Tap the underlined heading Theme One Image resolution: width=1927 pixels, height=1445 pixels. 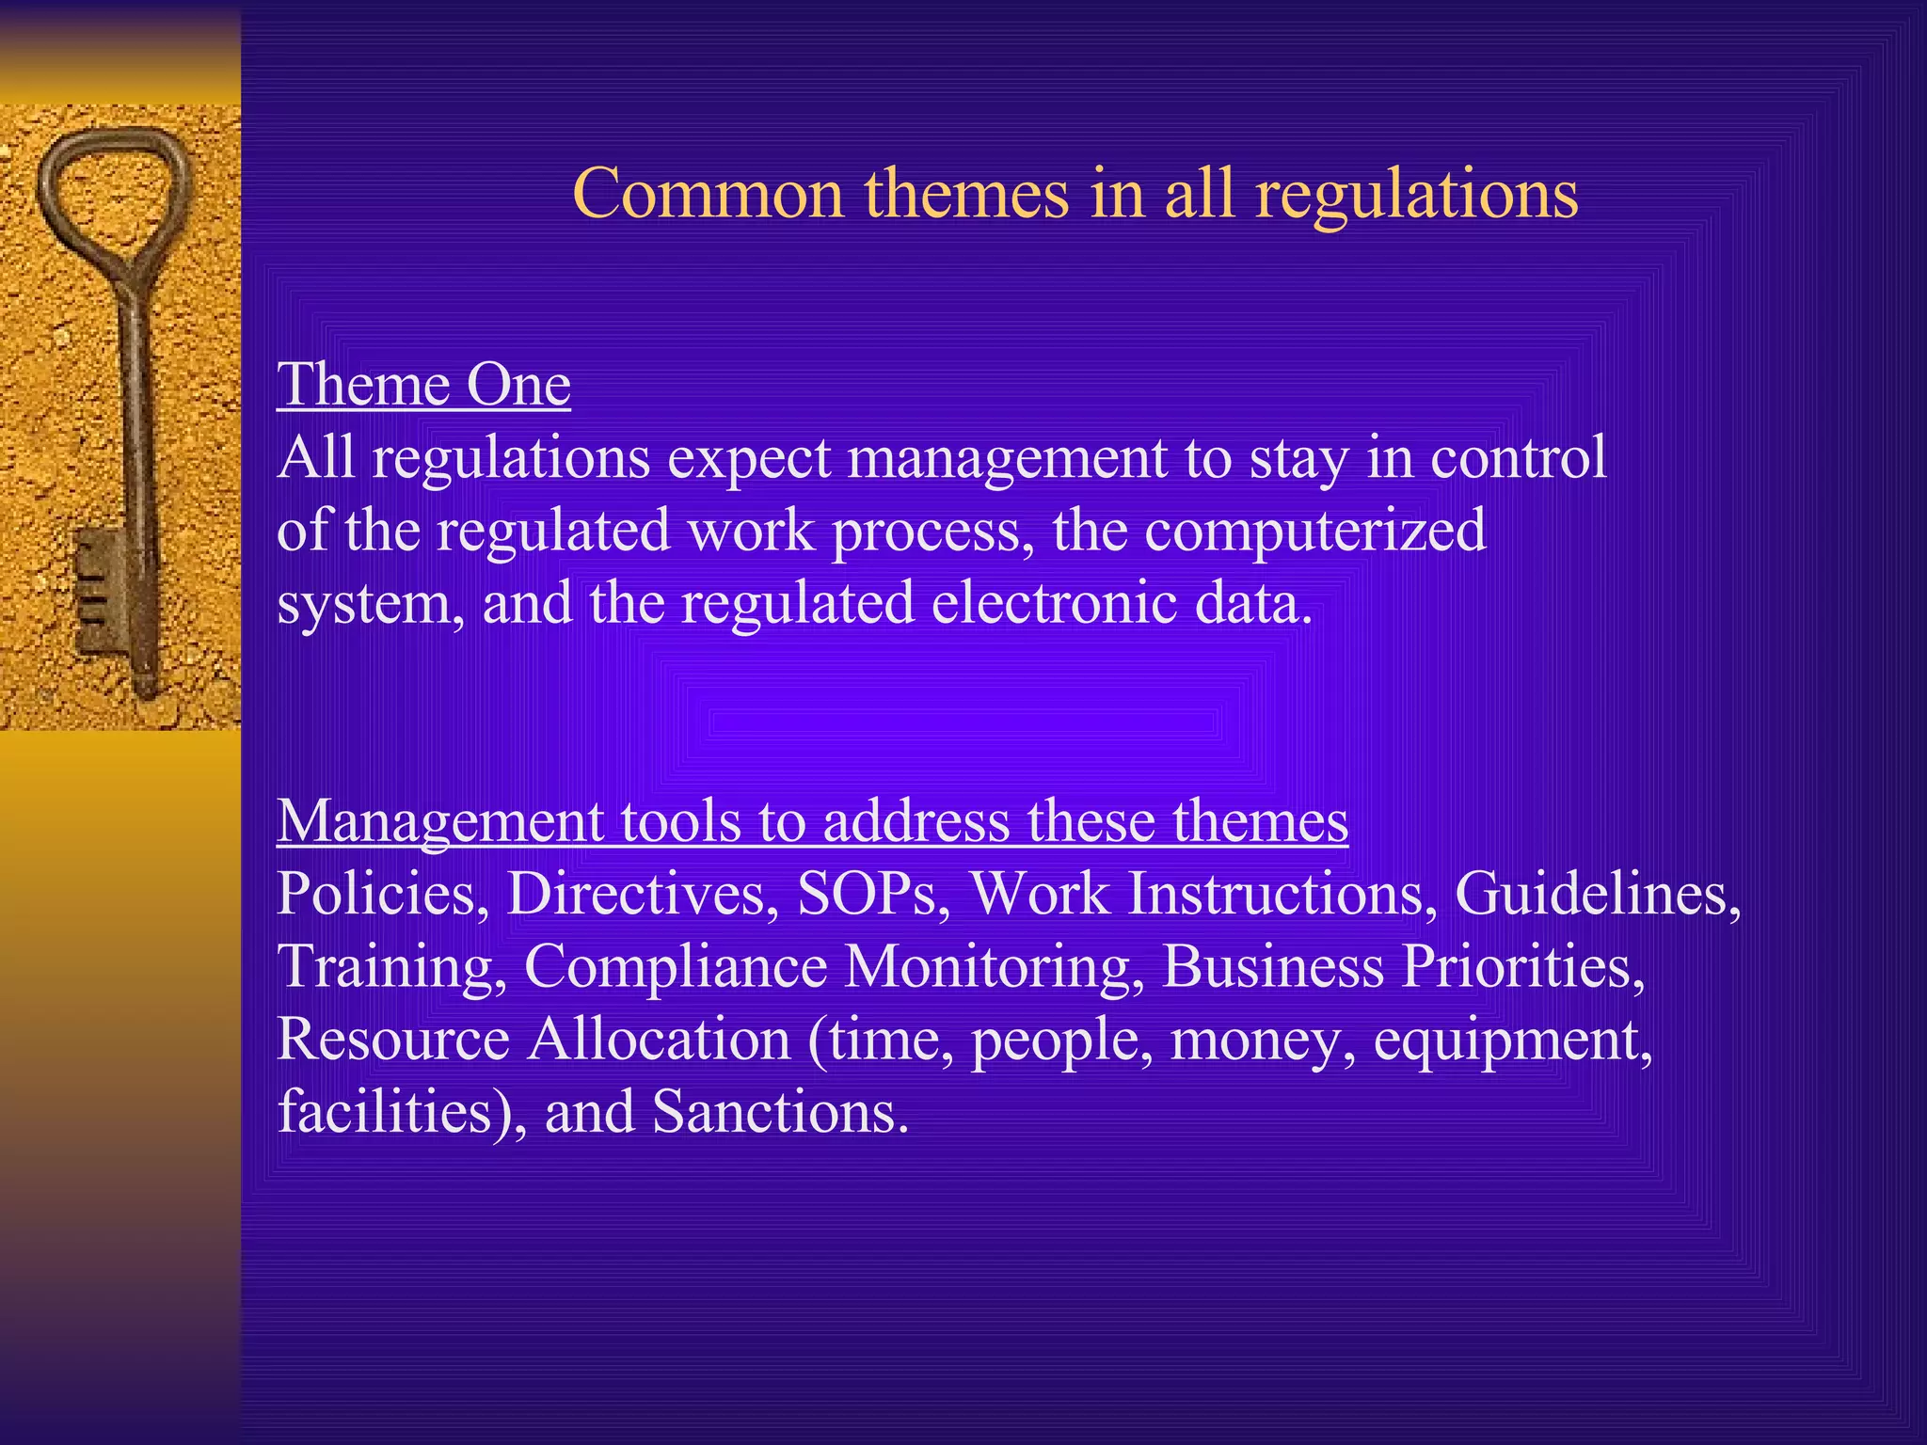[423, 385]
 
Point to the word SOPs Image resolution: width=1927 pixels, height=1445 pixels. [867, 893]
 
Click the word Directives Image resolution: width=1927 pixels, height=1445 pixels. [637, 893]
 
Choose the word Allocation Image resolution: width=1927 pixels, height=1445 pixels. [659, 1040]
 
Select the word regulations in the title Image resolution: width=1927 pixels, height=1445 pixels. [1417, 196]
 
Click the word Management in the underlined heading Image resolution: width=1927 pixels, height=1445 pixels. [439, 821]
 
